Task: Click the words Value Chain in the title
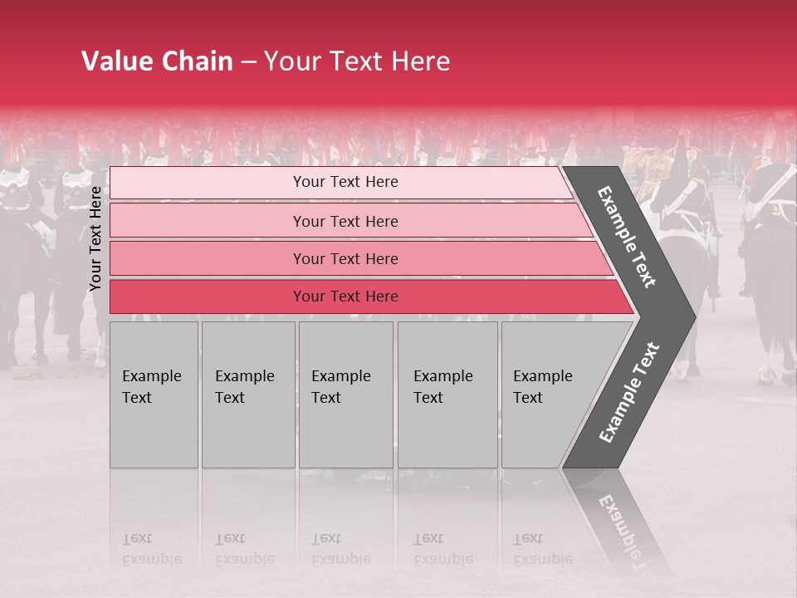(157, 61)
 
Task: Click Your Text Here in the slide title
(357, 61)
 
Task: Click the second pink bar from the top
(345, 221)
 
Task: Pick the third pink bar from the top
(345, 258)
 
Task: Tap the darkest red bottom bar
(345, 297)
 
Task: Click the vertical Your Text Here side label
(95, 238)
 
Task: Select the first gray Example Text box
(154, 395)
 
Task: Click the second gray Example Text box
(247, 395)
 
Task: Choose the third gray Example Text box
(345, 395)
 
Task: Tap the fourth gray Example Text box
(447, 395)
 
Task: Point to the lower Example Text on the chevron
(629, 392)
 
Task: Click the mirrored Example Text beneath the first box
(152, 550)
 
